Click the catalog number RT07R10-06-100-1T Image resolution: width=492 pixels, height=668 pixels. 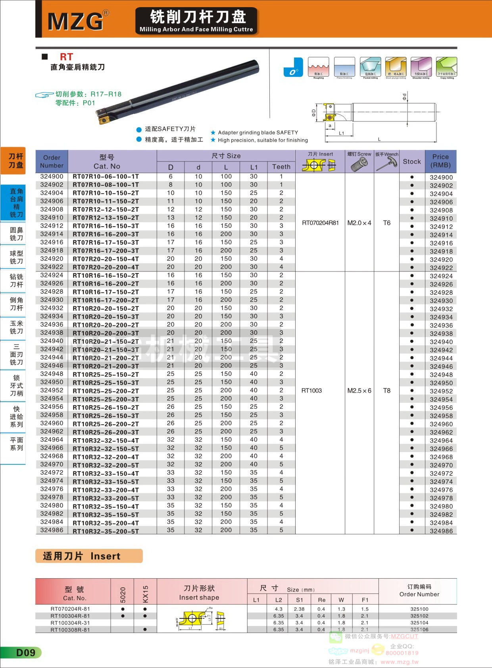click(x=106, y=177)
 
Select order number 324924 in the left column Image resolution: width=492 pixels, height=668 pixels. click(x=52, y=275)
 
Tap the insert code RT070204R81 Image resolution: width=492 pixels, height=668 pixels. click(x=320, y=223)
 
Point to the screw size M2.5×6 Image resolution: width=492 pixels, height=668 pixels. click(x=359, y=391)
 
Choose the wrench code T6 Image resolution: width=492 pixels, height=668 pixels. click(x=387, y=223)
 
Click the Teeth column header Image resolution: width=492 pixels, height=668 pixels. click(x=281, y=167)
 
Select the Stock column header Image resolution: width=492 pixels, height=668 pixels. click(x=411, y=162)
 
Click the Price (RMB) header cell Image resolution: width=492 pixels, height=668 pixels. click(x=440, y=161)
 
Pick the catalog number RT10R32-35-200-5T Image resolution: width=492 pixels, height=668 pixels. click(x=106, y=531)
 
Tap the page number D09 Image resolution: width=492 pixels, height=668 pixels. click(x=25, y=653)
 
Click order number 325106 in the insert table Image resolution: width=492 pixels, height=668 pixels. click(x=419, y=629)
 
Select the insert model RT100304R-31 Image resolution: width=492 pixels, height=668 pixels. click(x=70, y=623)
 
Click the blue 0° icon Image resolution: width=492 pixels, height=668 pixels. click(x=293, y=67)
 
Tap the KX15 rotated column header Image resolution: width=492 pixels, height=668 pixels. click(x=145, y=594)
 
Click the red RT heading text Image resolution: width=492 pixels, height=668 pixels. click(x=66, y=57)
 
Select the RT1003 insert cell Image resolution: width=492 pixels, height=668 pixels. click(x=311, y=391)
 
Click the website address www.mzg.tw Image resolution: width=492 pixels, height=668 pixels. click(x=400, y=662)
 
